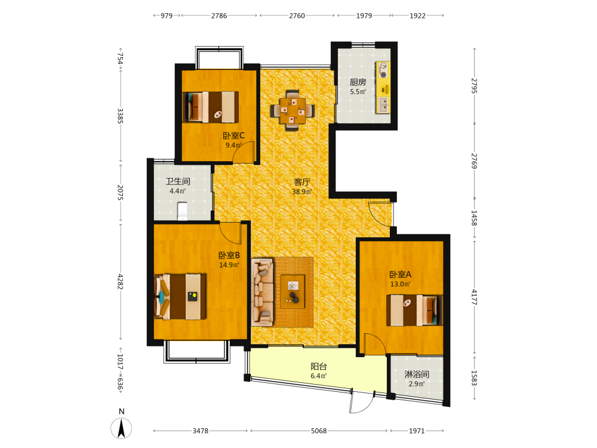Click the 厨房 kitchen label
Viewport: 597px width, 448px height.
(x=358, y=82)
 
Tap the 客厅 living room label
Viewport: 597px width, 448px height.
(x=302, y=182)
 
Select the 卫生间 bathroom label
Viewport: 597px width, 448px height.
(x=178, y=182)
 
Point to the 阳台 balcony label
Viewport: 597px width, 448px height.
(x=319, y=367)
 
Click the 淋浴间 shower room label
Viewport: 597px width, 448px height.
(x=417, y=374)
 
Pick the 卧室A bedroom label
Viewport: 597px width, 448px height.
(x=400, y=274)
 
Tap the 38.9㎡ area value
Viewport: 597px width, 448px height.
(x=302, y=192)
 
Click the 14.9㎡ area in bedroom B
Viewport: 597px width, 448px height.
(x=229, y=265)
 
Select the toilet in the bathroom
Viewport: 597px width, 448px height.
(x=183, y=211)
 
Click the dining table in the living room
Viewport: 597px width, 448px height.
(x=293, y=110)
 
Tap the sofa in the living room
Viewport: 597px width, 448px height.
(x=262, y=292)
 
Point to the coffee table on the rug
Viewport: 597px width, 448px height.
(x=293, y=291)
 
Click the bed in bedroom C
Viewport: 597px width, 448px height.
(x=211, y=107)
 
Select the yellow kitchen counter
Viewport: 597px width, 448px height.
(x=383, y=87)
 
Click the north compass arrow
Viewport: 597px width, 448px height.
(x=121, y=428)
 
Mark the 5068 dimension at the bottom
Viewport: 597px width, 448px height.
(x=319, y=431)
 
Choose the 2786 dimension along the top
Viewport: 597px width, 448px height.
(x=219, y=16)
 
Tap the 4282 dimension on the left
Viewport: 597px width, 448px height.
(x=121, y=281)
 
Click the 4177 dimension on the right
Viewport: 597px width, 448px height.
(x=474, y=297)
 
